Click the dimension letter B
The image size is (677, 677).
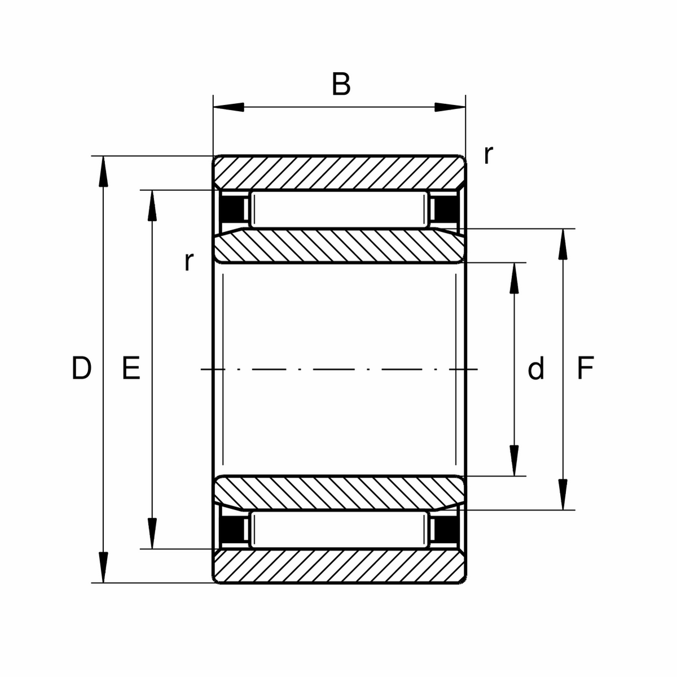click(341, 85)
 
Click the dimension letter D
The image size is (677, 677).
click(81, 369)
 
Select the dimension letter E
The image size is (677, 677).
click(131, 369)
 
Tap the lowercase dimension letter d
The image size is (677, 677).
click(536, 369)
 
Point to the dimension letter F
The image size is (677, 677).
click(586, 369)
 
